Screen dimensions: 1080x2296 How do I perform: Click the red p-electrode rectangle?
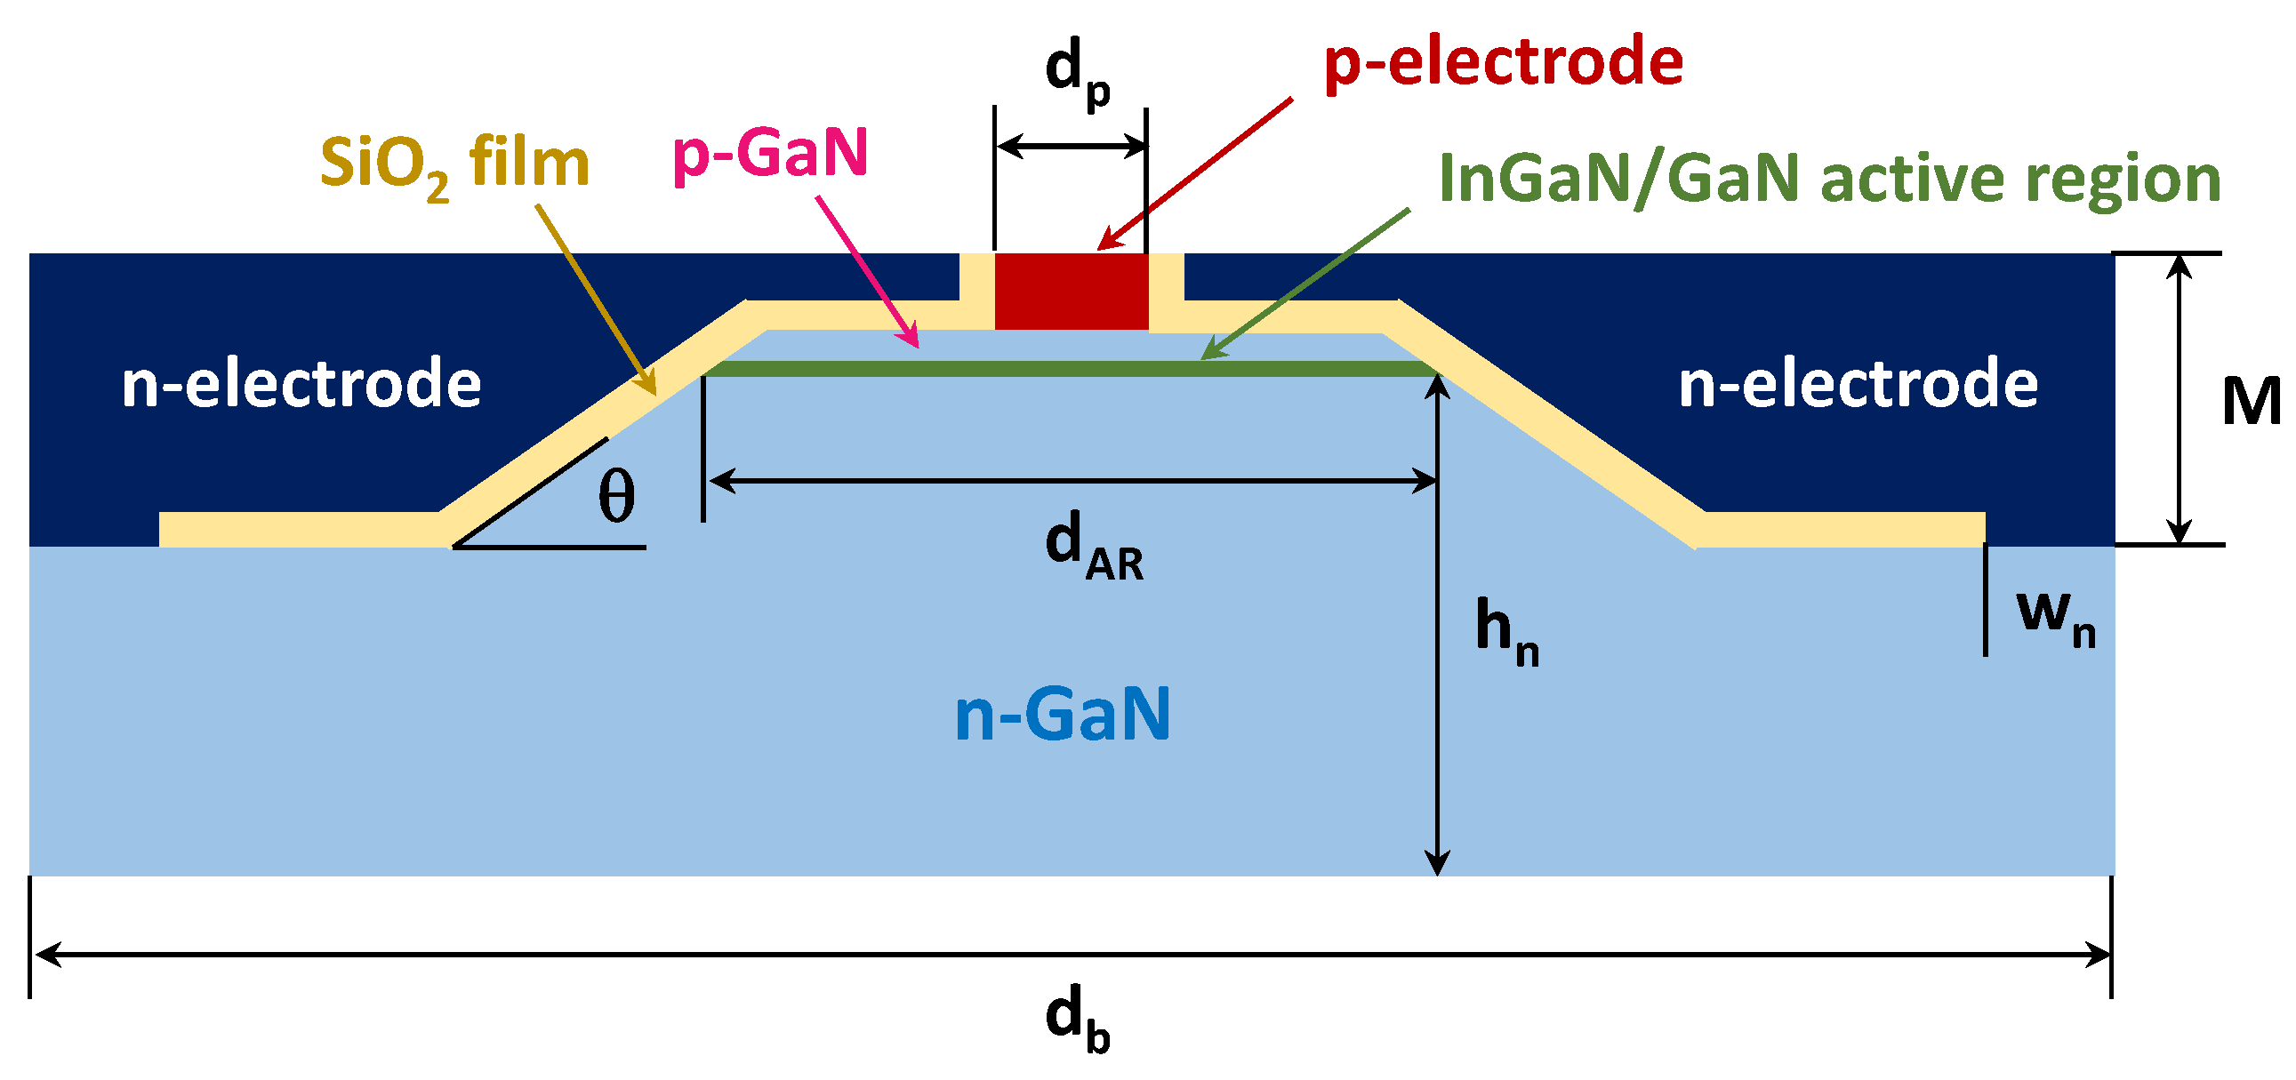coord(1071,292)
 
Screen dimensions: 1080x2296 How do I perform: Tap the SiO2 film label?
coord(454,165)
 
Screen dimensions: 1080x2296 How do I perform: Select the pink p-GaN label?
coord(770,154)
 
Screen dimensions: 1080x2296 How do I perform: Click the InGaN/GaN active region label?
coord(1829,180)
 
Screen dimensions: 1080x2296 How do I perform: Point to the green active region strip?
coord(1070,369)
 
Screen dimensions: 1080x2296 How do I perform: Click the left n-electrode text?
coord(301,384)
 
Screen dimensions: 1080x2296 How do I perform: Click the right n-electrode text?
coord(1858,384)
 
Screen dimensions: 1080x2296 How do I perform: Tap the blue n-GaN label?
coord(1062,714)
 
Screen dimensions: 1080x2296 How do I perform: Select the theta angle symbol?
coord(617,496)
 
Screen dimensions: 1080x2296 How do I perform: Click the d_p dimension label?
coord(1076,71)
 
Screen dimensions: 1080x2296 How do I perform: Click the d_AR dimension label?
coord(1093,546)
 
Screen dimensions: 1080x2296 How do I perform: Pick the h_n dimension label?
coord(1506,630)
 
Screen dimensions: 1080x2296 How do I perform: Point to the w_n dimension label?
coord(2055,617)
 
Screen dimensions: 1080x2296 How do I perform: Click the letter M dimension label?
coord(2250,402)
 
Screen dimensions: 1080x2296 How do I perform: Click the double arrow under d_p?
coord(1071,145)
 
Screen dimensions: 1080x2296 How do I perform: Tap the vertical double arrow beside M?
coord(2179,398)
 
